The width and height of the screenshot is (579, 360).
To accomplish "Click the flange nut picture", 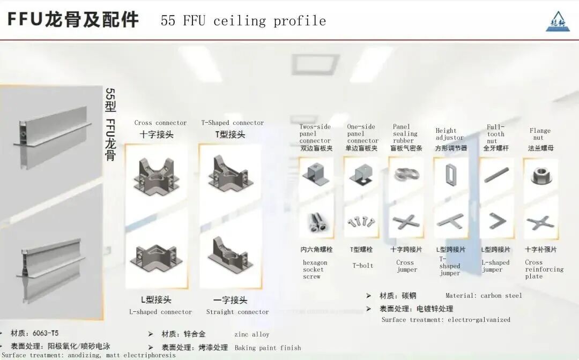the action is pyautogui.click(x=540, y=175).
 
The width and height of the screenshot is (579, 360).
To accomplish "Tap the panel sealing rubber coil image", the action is pyautogui.click(x=405, y=175).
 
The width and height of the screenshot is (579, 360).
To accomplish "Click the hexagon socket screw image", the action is pyautogui.click(x=316, y=221).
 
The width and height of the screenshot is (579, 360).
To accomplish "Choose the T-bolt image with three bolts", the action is pyautogui.click(x=361, y=221).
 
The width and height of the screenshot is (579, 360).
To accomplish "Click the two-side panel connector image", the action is pyautogui.click(x=316, y=174).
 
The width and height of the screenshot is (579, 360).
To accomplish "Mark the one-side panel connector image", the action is pyautogui.click(x=361, y=174).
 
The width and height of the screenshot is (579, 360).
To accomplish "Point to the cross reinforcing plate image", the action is pyautogui.click(x=540, y=221).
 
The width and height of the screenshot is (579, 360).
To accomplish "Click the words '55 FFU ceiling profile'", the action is pyautogui.click(x=243, y=21).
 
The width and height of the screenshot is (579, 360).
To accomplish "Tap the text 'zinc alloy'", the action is pyautogui.click(x=251, y=334).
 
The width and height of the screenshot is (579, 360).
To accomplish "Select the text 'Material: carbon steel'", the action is pyautogui.click(x=484, y=296).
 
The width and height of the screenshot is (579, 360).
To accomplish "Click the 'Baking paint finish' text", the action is pyautogui.click(x=268, y=348).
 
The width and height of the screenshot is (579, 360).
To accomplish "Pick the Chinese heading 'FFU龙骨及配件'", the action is pyautogui.click(x=73, y=19).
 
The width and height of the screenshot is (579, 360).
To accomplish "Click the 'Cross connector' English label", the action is pyautogui.click(x=160, y=123).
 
